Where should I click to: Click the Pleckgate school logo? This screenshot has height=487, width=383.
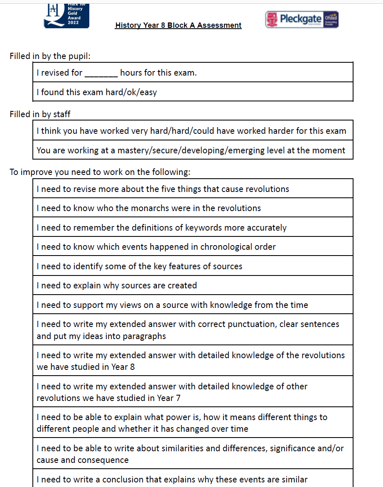point(302,20)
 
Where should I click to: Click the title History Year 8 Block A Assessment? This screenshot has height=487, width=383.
point(178,25)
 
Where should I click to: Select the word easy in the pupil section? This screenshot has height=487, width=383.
point(148,92)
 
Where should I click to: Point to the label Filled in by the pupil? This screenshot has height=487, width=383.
point(50,56)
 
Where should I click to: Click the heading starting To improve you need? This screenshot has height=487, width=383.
point(100,172)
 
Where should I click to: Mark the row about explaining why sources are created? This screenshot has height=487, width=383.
point(117,285)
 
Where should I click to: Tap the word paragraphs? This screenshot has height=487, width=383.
point(143,336)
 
